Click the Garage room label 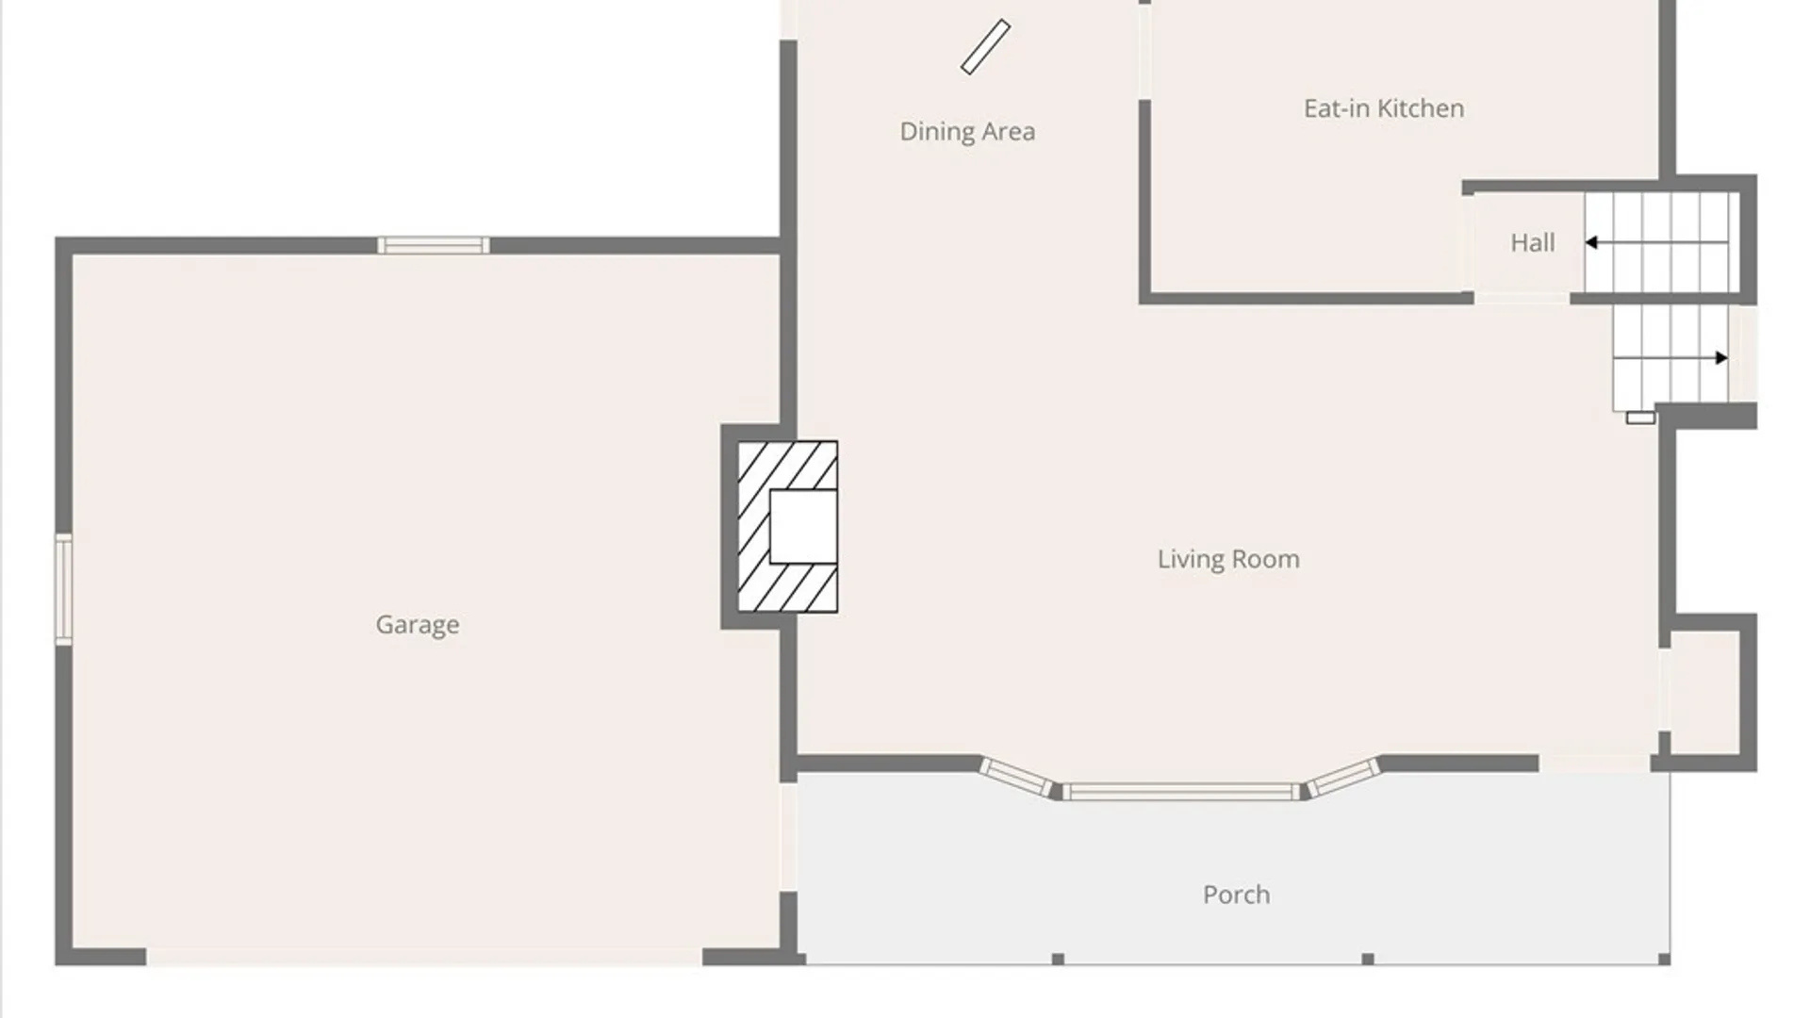coord(418,625)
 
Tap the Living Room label coord(1228,559)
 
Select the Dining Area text coord(967,132)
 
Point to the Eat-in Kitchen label coord(1384,108)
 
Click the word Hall coord(1533,243)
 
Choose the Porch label coord(1236,895)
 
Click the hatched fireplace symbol coord(787,526)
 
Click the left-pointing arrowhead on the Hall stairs coord(1591,243)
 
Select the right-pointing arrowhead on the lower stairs coord(1721,358)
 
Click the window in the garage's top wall coord(434,246)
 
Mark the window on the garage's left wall coord(63,589)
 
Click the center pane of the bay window coord(1181,792)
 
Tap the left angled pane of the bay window coord(1016,777)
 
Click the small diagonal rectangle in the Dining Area coord(986,47)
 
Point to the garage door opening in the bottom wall coord(424,957)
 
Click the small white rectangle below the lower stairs coord(1640,418)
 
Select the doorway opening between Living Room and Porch coord(1595,763)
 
